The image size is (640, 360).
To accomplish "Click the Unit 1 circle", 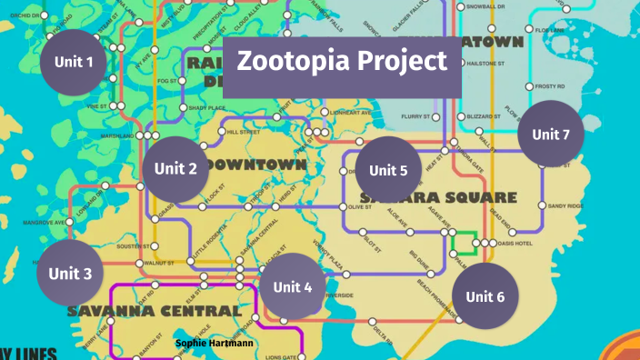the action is pos(74,62).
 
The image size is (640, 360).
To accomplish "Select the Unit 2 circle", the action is pos(175,168).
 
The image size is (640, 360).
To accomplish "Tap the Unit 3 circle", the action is pos(70,273).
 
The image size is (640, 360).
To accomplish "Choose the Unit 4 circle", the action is pos(293,287).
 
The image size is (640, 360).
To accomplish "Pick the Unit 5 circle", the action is pos(388,170).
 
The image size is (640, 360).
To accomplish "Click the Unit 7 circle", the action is pos(551,135).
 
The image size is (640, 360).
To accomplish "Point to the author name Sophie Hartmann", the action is pos(214,344).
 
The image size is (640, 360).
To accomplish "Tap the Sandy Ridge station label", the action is pos(565,206).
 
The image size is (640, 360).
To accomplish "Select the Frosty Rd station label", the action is pos(550,86).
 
